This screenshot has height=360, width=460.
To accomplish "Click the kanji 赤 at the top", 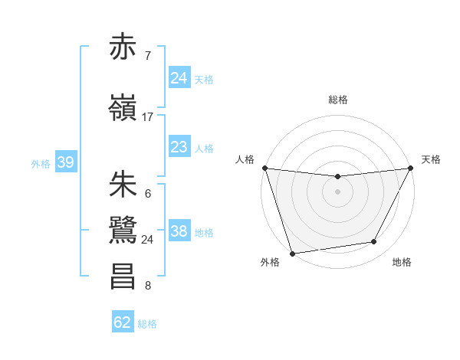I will point(123,47).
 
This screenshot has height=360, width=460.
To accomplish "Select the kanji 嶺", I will point(123,109).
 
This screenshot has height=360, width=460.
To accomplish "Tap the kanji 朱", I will point(123,185).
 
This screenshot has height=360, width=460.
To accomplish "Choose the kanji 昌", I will point(123,277).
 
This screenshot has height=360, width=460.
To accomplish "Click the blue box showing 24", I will point(179,78).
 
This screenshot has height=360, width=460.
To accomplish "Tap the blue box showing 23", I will point(179,147).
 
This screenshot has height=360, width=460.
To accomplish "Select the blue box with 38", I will point(179,231).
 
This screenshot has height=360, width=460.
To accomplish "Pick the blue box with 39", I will point(65,162).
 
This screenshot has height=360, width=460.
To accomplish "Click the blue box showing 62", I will point(123,322).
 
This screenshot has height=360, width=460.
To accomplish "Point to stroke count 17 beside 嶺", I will point(148,117).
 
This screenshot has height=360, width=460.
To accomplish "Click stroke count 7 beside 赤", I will point(147,56).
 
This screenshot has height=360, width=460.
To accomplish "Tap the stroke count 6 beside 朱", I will point(147,194).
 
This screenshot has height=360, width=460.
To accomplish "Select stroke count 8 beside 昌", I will point(147,286).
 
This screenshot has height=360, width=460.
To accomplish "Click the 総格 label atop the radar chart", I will point(338,100).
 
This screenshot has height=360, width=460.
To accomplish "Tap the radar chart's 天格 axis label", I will point(431,159).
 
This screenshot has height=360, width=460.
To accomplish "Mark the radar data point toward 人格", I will point(264,168).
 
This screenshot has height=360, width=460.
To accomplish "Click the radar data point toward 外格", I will point(292,253).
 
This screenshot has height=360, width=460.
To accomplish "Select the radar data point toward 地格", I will point(374,242).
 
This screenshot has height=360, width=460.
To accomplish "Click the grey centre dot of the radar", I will point(337,191).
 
